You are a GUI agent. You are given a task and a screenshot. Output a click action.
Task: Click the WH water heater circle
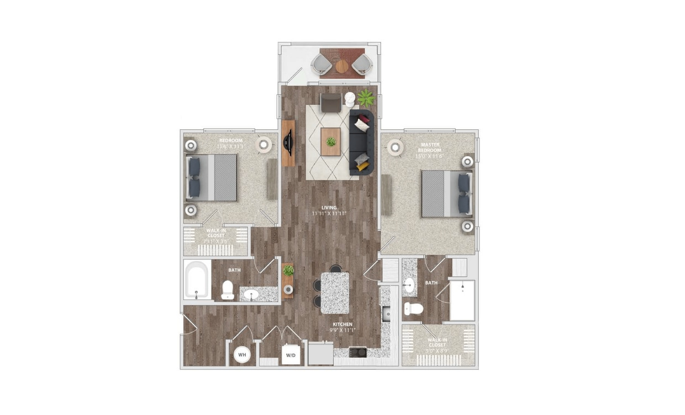242,354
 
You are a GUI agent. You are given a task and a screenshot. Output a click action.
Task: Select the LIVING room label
329,210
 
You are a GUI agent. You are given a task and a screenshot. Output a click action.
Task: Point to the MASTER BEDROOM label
430,149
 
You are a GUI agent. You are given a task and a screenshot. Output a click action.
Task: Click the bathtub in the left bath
197,280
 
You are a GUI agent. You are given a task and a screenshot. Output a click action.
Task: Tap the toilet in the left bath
228,290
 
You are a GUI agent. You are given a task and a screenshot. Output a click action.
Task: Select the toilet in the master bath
413,308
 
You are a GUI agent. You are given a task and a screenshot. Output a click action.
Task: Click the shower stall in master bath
462,300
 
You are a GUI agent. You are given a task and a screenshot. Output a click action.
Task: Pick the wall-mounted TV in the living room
288,143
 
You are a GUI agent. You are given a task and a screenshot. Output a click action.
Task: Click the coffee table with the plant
331,141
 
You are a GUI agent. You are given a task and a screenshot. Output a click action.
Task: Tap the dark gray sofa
362,141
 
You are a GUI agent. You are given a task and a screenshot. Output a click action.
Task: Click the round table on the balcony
342,66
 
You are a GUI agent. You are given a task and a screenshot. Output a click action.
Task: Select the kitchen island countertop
335,293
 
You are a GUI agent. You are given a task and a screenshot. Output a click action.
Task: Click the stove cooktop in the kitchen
358,351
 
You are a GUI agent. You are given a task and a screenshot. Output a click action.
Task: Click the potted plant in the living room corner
366,98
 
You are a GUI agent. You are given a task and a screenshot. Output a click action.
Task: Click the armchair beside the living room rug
331,103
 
